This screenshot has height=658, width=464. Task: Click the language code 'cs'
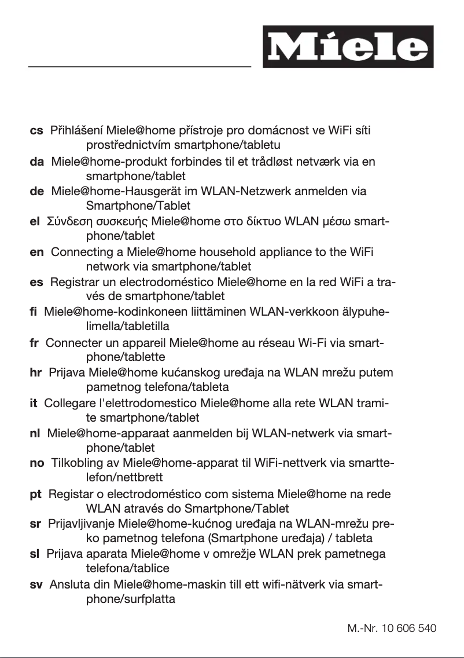36,131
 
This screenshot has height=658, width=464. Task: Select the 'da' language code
36,162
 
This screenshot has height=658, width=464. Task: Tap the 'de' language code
36,191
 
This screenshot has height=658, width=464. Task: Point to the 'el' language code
34,221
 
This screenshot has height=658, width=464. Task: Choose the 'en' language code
36,252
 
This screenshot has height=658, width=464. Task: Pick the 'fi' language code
33,313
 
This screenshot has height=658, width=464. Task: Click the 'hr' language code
35,372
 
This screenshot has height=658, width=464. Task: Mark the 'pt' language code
36,494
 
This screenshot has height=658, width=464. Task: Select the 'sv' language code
36,584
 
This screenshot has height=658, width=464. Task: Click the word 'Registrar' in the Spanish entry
73,283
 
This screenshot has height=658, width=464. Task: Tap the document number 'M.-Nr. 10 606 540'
392,628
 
